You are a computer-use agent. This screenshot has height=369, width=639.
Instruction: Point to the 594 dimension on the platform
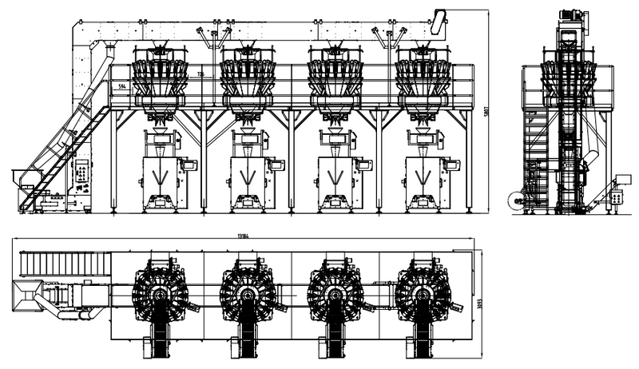(122, 84)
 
